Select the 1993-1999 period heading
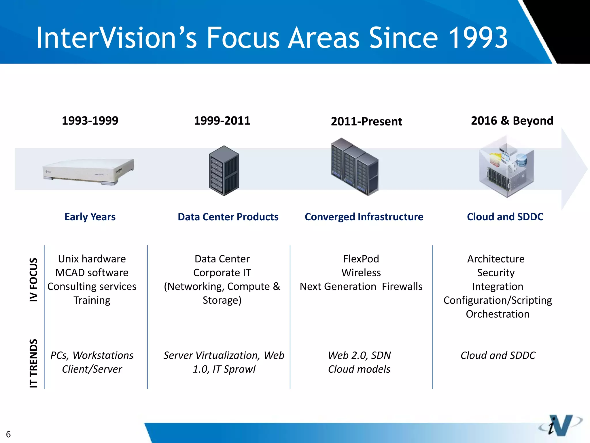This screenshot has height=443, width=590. pyautogui.click(x=90, y=121)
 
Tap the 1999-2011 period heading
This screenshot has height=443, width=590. pyautogui.click(x=222, y=121)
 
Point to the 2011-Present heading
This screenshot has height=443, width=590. pyautogui.click(x=366, y=121)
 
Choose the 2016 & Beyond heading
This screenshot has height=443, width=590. pyautogui.click(x=512, y=121)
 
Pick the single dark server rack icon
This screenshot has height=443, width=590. pyautogui.click(x=224, y=171)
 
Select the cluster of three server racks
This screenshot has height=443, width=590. pyautogui.click(x=355, y=167)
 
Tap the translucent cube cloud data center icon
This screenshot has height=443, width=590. pyautogui.click(x=506, y=167)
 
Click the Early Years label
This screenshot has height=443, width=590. pyautogui.click(x=90, y=217)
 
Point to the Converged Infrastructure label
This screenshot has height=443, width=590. pyautogui.click(x=364, y=217)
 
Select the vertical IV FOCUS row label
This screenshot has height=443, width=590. pyautogui.click(x=34, y=279)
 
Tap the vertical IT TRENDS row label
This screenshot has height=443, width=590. pyautogui.click(x=34, y=363)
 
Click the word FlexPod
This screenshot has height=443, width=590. pyautogui.click(x=361, y=259)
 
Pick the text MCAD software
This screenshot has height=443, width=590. pyautogui.click(x=92, y=273)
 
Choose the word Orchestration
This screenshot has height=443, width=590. pyautogui.click(x=498, y=314)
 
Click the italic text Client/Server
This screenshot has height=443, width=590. pyautogui.click(x=92, y=369)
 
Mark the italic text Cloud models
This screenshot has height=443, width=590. pyautogui.click(x=359, y=369)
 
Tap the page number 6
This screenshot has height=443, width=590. pyautogui.click(x=8, y=434)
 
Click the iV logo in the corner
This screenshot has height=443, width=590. pyautogui.click(x=560, y=425)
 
